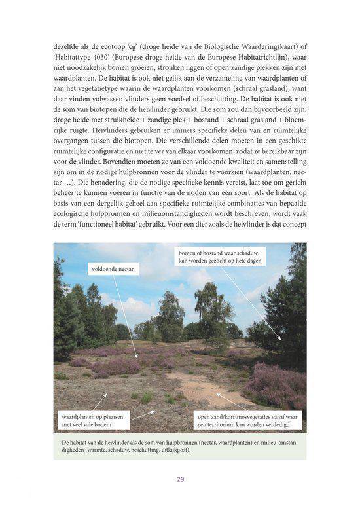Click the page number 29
point(180,479)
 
